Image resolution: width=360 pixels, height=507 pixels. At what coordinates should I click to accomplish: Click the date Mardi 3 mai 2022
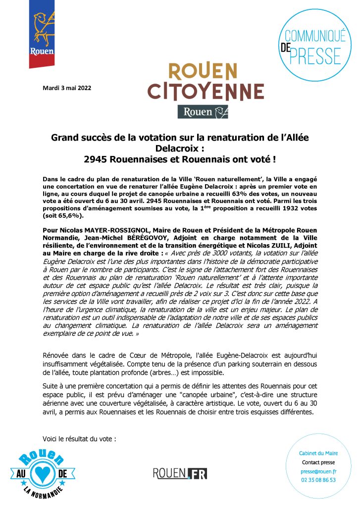tap(66, 89)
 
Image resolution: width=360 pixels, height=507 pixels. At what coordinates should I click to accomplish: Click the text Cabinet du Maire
tap(318, 454)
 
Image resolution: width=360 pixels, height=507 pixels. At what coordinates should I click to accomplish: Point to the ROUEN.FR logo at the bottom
tap(181, 473)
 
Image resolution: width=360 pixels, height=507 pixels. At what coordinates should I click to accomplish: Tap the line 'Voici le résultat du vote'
tap(79, 438)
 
